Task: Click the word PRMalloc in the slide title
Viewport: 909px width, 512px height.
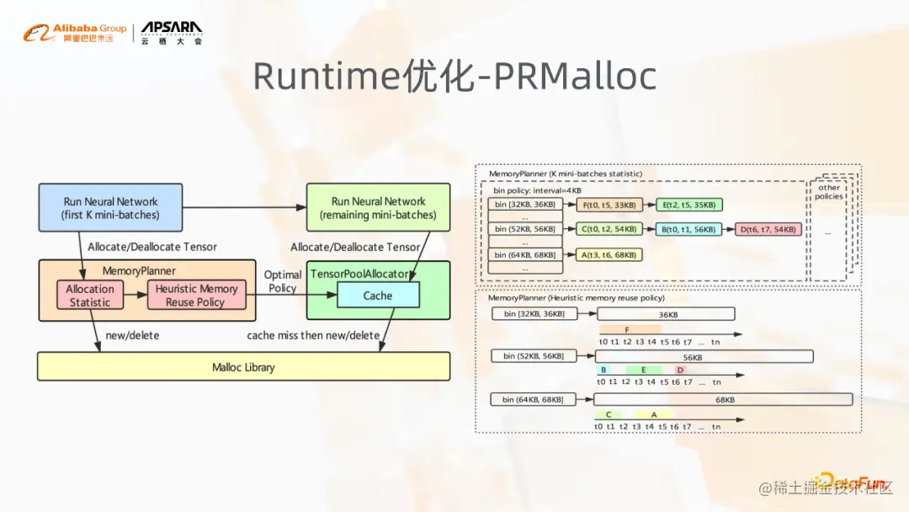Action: [575, 77]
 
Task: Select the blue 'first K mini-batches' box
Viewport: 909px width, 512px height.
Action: [110, 208]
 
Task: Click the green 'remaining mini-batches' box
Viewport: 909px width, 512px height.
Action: [378, 208]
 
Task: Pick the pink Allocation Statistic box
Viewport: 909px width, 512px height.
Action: [89, 296]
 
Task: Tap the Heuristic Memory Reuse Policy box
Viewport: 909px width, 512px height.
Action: [196, 296]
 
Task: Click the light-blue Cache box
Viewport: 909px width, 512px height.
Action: [378, 296]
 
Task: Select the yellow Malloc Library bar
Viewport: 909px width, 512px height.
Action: [243, 367]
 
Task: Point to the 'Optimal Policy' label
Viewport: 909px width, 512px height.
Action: [283, 281]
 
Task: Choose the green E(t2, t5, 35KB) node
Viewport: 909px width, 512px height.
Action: [690, 205]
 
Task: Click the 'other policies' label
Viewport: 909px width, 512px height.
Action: [828, 192]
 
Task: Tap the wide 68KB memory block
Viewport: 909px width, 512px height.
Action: [724, 399]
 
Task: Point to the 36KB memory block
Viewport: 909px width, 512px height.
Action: [666, 314]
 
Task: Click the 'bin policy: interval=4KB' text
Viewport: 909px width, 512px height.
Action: [537, 190]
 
